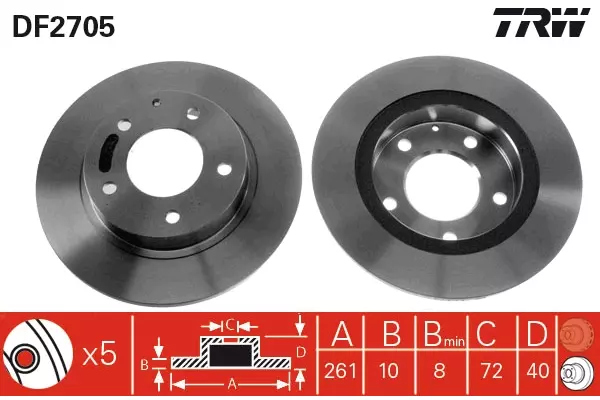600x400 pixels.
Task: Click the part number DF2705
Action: (x=64, y=27)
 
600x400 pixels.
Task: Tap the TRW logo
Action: (x=541, y=22)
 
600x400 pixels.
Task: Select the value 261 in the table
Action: (x=340, y=371)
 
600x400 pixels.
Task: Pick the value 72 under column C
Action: (x=492, y=371)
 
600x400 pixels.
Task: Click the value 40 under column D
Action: (x=538, y=371)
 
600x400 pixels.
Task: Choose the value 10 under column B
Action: (x=389, y=371)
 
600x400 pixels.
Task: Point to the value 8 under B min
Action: (x=439, y=371)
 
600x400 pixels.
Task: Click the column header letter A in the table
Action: (x=341, y=333)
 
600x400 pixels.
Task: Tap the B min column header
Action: (x=444, y=333)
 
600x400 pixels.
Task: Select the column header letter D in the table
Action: (x=537, y=333)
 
